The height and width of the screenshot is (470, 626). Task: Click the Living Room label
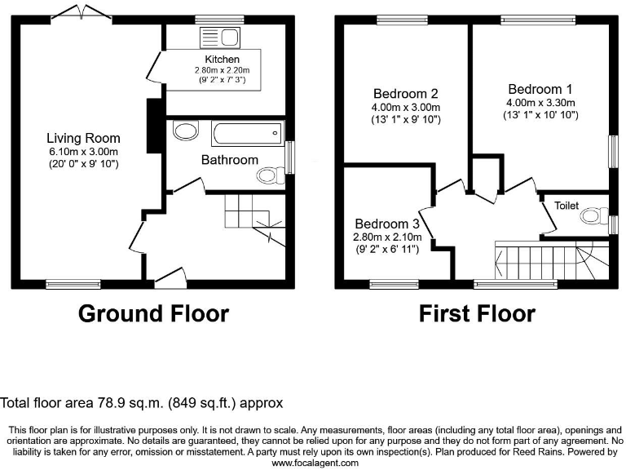click(83, 138)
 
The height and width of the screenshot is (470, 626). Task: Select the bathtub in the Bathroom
click(246, 133)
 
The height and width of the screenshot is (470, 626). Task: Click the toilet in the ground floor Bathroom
click(267, 175)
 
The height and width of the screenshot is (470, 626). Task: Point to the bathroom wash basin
click(187, 131)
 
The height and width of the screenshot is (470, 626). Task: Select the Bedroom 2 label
click(406, 93)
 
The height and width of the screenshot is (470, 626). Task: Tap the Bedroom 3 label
click(387, 224)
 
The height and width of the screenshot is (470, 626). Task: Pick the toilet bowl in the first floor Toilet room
click(593, 218)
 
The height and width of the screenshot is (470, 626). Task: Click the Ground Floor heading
click(153, 313)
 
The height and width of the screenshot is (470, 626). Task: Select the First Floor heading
click(477, 313)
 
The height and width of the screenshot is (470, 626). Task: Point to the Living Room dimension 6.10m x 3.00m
click(83, 151)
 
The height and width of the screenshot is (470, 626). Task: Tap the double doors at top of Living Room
click(82, 13)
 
